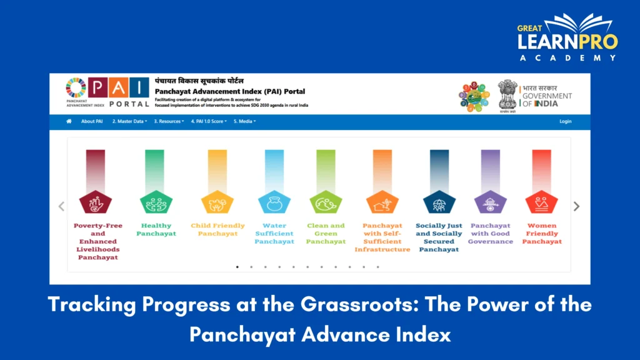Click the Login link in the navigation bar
tap(565, 121)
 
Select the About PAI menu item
tap(92, 121)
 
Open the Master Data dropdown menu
tap(129, 121)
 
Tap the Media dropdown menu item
tap(244, 121)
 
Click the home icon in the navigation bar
tap(69, 121)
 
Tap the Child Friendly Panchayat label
tap(217, 229)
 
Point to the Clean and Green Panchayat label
tap(326, 233)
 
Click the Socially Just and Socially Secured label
tap(439, 237)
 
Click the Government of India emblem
tap(507, 95)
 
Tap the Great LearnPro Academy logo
tap(567, 37)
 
